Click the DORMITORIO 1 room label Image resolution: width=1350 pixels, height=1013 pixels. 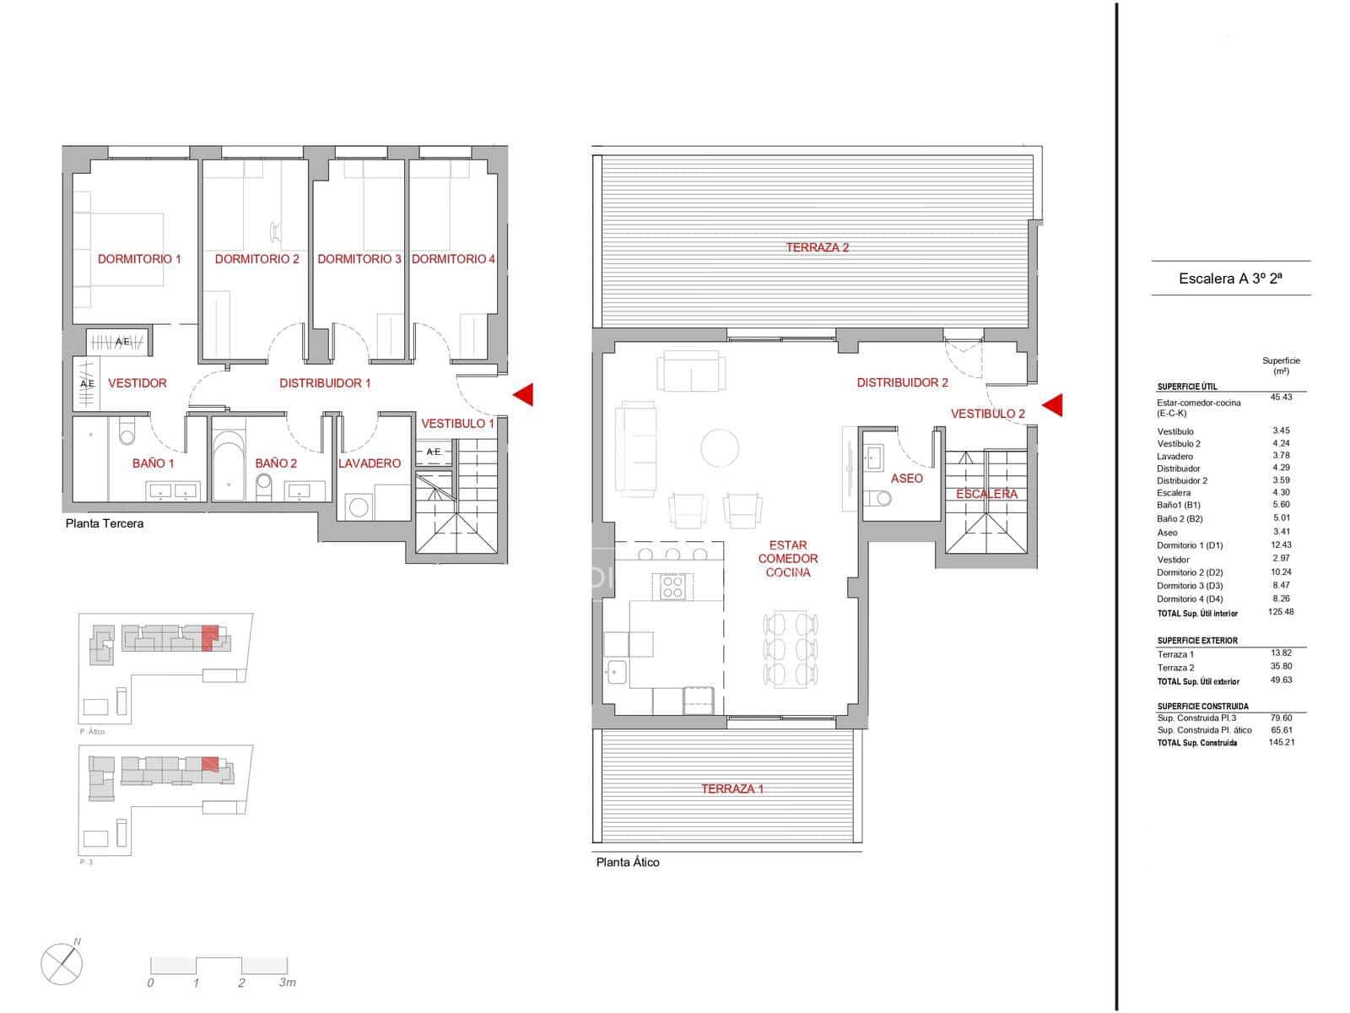139,259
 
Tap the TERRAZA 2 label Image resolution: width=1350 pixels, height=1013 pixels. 817,247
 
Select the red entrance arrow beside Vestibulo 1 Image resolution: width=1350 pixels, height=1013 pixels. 524,394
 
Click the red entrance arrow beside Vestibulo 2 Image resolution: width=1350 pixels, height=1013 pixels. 1052,406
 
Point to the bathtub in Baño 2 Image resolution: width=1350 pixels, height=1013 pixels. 229,465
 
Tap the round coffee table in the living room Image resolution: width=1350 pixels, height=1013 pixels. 720,448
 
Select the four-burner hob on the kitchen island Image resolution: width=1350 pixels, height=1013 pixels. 672,586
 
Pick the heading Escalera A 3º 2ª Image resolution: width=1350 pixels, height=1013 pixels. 1230,279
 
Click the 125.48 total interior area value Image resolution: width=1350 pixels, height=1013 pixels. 1280,612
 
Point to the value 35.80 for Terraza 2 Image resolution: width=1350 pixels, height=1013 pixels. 1281,667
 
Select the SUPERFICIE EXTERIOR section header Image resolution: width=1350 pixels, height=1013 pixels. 1197,641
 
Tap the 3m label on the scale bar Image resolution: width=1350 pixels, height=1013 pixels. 287,983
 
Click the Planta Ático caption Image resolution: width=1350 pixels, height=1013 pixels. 628,862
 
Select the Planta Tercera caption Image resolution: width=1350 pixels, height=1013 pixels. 105,523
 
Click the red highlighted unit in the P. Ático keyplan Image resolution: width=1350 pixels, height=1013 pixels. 210,637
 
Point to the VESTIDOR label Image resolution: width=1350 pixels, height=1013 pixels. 137,383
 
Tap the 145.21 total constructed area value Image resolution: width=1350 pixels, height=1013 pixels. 1280,743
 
